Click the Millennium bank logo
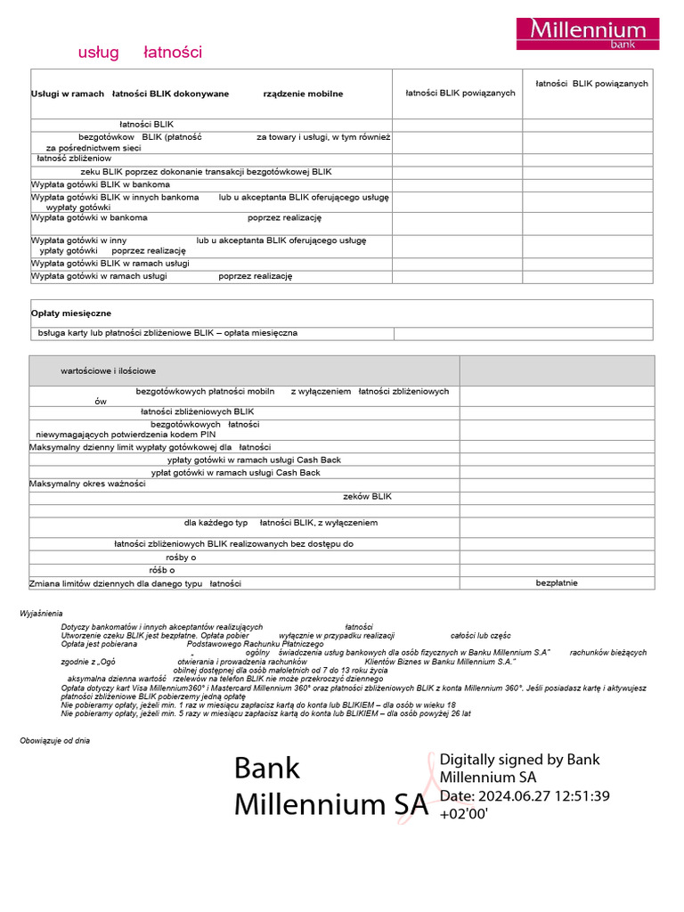tap(588, 33)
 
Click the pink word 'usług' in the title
tap(98, 53)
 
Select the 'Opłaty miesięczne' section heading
tap(71, 313)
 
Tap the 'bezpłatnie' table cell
tap(557, 583)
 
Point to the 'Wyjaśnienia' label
tap(42, 614)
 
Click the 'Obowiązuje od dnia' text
tap(55, 740)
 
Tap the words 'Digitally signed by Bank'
tap(519, 760)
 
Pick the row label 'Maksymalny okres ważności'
tap(87, 484)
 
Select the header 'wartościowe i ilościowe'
tap(108, 370)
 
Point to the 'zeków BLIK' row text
tap(367, 496)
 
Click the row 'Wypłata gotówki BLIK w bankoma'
tap(101, 184)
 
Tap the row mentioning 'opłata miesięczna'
tap(167, 333)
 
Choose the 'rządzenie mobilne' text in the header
tap(303, 94)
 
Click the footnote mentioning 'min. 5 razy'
tap(265, 713)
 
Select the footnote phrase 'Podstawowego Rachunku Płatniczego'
tap(255, 644)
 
